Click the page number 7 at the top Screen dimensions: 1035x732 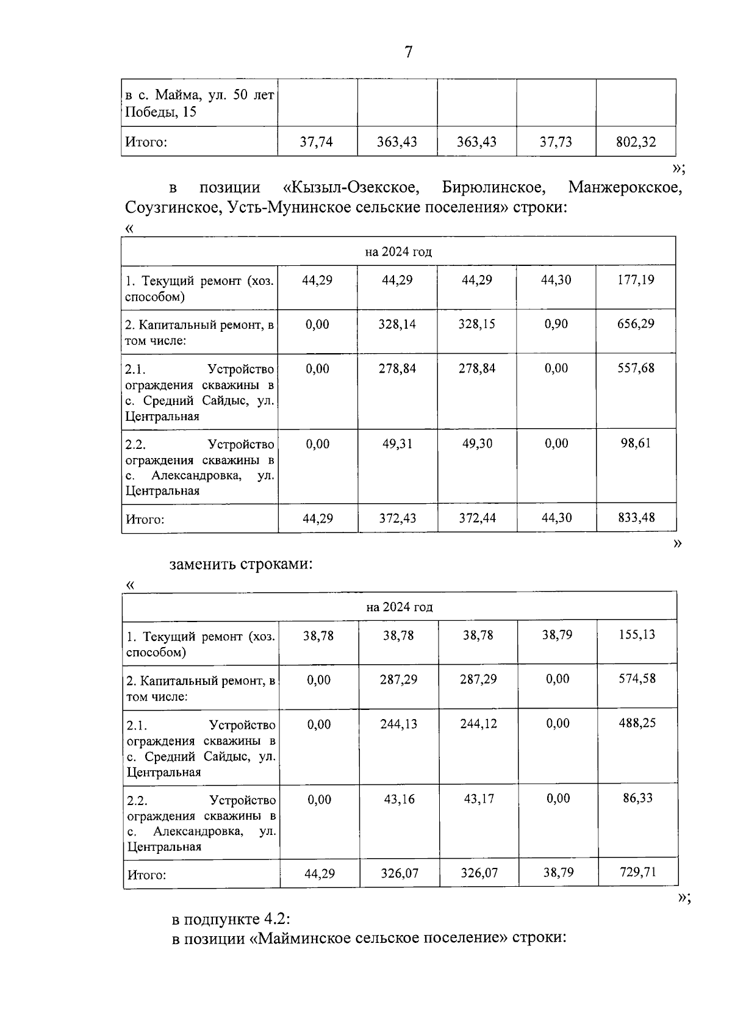pyautogui.click(x=408, y=52)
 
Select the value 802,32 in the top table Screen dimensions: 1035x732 pyautogui.click(x=636, y=142)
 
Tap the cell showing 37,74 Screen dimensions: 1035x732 pyautogui.click(x=317, y=142)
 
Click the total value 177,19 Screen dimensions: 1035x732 pyautogui.click(x=636, y=280)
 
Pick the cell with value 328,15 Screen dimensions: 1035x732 pyautogui.click(x=477, y=324)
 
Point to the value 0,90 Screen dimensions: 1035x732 pyautogui.click(x=556, y=324)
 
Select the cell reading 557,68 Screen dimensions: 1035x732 pyautogui.click(x=636, y=368)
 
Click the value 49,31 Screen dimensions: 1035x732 pyautogui.click(x=397, y=444)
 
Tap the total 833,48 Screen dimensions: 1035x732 pyautogui.click(x=636, y=518)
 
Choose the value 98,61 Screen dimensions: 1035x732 pyautogui.click(x=636, y=443)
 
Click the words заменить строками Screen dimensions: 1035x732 pyautogui.click(x=241, y=564)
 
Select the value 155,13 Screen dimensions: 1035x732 pyautogui.click(x=637, y=635)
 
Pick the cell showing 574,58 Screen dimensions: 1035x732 pyautogui.click(x=637, y=679)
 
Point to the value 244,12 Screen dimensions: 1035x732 pyautogui.click(x=478, y=724)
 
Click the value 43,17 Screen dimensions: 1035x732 pyautogui.click(x=478, y=799)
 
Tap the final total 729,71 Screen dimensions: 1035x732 pyautogui.click(x=637, y=872)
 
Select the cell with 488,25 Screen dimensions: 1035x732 pyautogui.click(x=637, y=723)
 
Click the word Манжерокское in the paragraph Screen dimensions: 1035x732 pyautogui.click(x=624, y=187)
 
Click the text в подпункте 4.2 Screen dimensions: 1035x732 pyautogui.click(x=234, y=919)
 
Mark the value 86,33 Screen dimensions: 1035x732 pyautogui.click(x=637, y=798)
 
